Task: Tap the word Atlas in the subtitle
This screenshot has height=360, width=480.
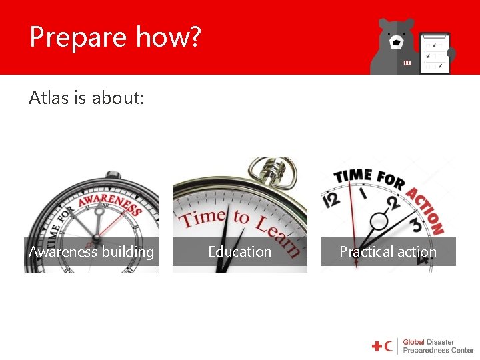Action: point(48,98)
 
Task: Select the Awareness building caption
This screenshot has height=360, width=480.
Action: point(91,252)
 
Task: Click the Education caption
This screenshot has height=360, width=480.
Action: point(239,252)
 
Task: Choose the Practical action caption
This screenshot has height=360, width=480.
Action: point(388,252)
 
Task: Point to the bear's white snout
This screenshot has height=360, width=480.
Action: point(397,43)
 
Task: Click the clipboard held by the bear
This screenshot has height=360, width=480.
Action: point(435,52)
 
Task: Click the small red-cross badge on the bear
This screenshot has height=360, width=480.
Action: point(407,63)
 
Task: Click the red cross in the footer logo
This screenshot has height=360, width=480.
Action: point(377,346)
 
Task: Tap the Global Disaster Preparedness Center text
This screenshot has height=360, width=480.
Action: point(437,346)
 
